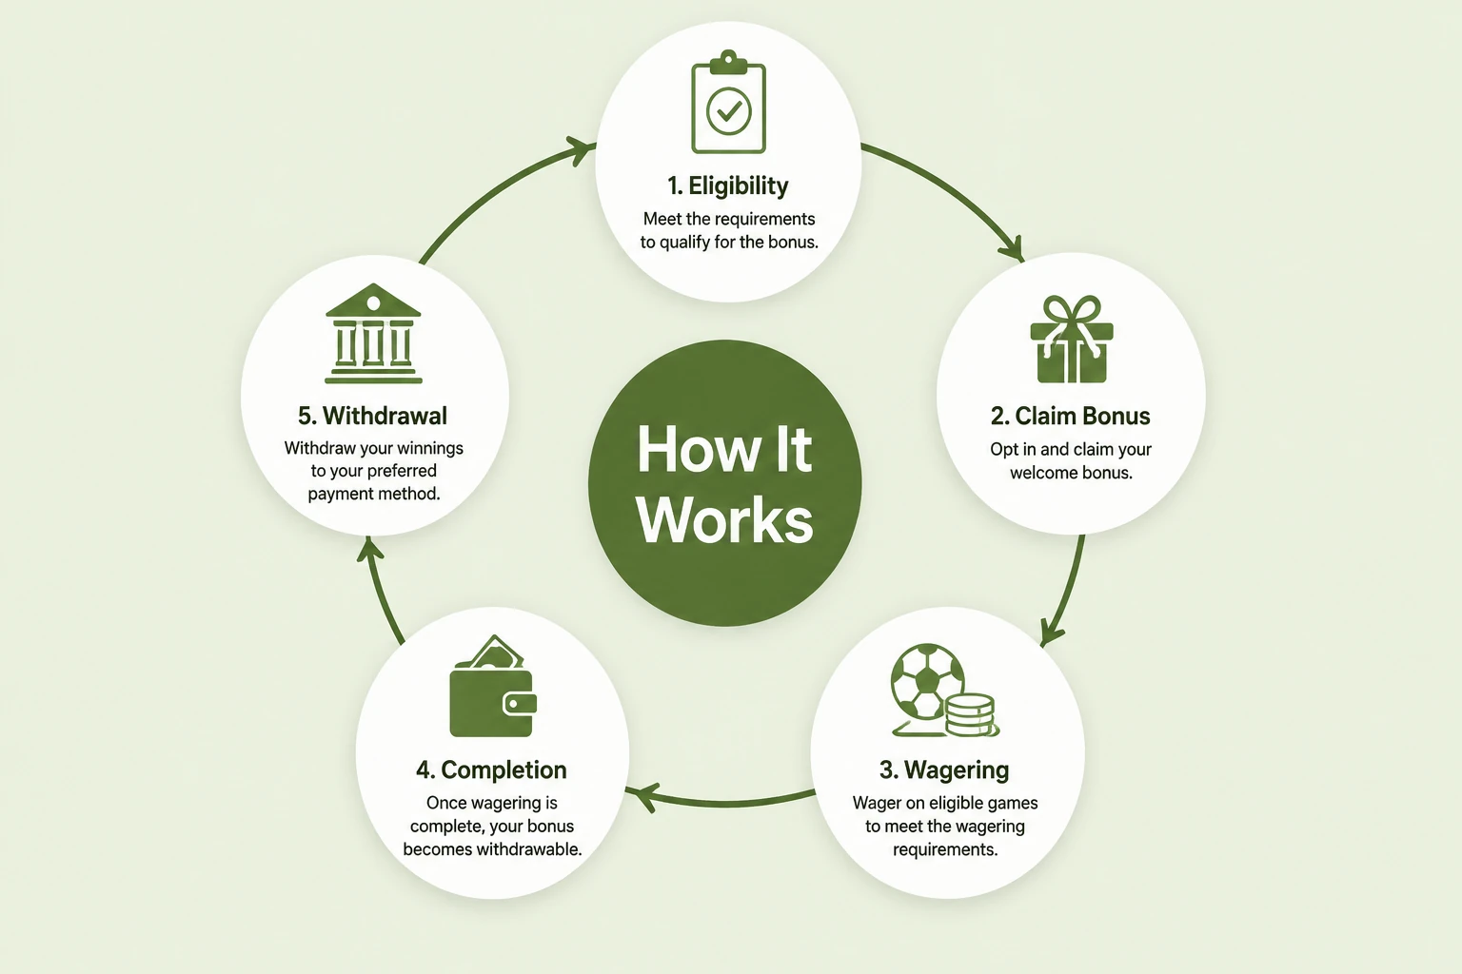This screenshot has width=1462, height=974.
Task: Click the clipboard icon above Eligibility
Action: pyautogui.click(x=728, y=102)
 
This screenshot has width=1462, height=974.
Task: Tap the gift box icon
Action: pyautogui.click(x=1072, y=340)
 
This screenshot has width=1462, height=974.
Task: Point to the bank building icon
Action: pyautogui.click(x=373, y=333)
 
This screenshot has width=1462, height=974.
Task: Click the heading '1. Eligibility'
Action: pyautogui.click(x=728, y=185)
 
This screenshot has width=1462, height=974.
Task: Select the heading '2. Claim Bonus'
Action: pyautogui.click(x=1071, y=417)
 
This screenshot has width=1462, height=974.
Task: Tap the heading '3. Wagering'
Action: pyautogui.click(x=944, y=769)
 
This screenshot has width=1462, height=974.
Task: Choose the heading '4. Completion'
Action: pyautogui.click(x=491, y=770)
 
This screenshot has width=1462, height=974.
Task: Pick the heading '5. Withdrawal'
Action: pyautogui.click(x=373, y=417)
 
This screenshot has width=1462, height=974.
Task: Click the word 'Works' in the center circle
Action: pyautogui.click(x=725, y=521)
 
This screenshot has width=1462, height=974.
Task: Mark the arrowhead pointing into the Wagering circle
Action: pyautogui.click(x=1050, y=632)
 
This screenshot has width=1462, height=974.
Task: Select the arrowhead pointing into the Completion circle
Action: pyautogui.click(x=642, y=797)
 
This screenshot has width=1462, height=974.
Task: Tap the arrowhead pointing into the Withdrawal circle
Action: pyautogui.click(x=370, y=552)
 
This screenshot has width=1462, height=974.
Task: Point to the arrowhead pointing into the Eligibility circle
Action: pyautogui.click(x=581, y=150)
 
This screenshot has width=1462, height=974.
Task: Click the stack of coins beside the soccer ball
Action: pyautogui.click(x=971, y=715)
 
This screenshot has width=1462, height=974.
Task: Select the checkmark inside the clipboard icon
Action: pyautogui.click(x=729, y=111)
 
